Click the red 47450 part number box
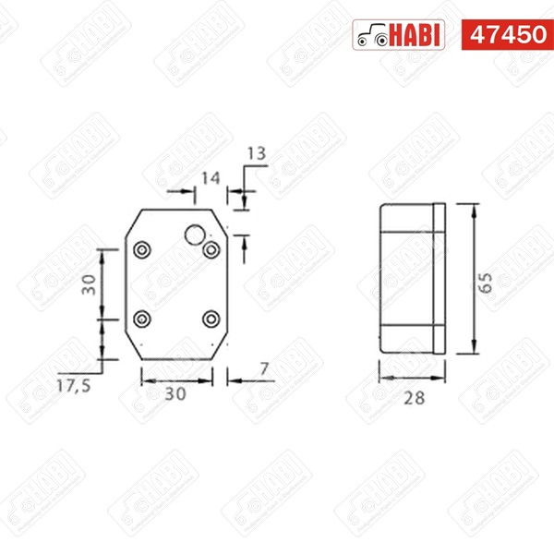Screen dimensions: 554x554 pos(507,35)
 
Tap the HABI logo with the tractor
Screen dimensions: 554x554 pos(399,35)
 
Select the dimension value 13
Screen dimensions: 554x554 pos(256,153)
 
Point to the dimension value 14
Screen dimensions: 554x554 pos(211,178)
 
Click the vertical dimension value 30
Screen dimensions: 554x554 pos(89,284)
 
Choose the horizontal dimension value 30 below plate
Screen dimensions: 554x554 pos(175,394)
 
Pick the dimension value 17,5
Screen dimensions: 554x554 pos(74,386)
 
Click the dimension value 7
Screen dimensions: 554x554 pos(264,369)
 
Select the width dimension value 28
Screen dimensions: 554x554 pos(414,398)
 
